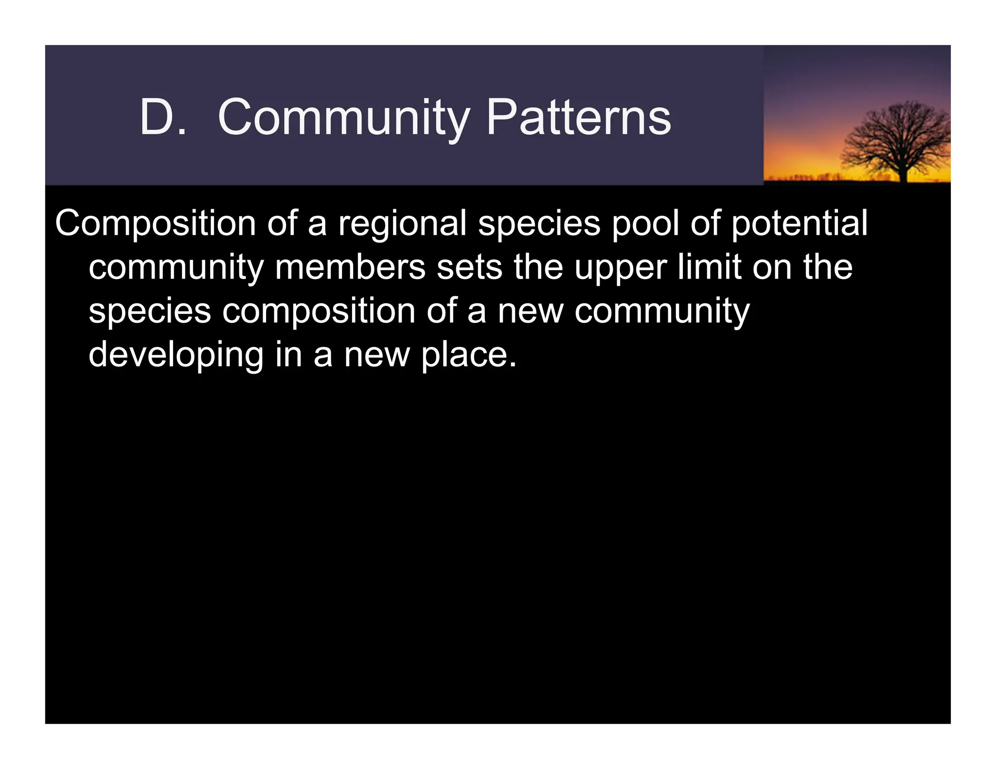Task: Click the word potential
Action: tap(799, 224)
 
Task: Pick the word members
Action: tap(350, 267)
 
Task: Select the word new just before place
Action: tap(377, 355)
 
